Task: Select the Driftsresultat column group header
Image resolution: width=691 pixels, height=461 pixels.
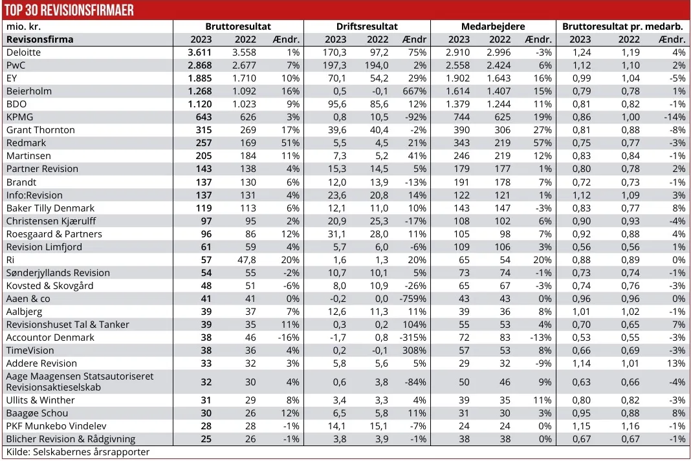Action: point(367,27)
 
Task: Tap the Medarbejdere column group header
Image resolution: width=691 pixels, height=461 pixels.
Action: point(493,27)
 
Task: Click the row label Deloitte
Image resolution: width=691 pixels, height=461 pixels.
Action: point(24,52)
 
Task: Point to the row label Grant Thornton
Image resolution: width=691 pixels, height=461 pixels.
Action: point(41,130)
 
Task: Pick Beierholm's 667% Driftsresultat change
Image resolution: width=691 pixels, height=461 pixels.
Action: point(414,91)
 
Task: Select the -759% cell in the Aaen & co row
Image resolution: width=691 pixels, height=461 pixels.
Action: point(413,299)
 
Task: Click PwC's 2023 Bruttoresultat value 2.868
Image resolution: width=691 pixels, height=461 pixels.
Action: point(200,65)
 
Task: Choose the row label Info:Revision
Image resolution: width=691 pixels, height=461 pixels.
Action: point(34,195)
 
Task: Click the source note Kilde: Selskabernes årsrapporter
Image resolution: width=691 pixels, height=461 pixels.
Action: point(78,452)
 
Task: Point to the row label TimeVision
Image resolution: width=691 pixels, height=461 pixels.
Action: point(30,350)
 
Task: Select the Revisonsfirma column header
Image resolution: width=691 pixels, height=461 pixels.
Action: point(40,39)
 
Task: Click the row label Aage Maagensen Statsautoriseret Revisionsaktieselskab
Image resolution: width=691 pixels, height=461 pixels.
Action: point(80,381)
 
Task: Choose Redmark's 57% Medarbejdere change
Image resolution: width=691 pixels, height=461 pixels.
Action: point(541,143)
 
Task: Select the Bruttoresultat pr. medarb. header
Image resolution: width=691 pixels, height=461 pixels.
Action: point(622,27)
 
